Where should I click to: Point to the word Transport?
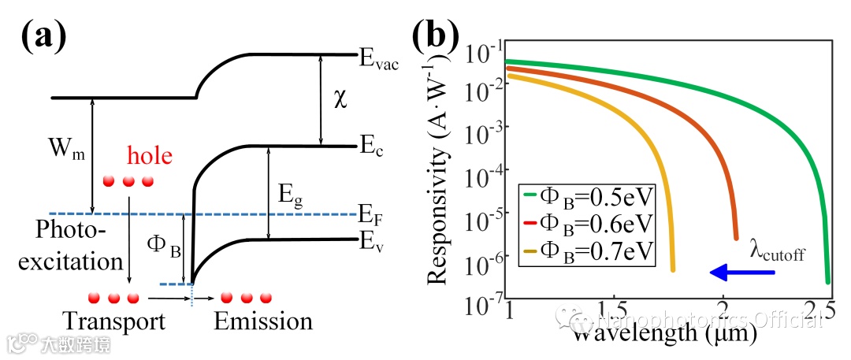[115, 322]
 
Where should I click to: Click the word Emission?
[264, 322]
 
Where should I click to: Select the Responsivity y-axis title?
[444, 181]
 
